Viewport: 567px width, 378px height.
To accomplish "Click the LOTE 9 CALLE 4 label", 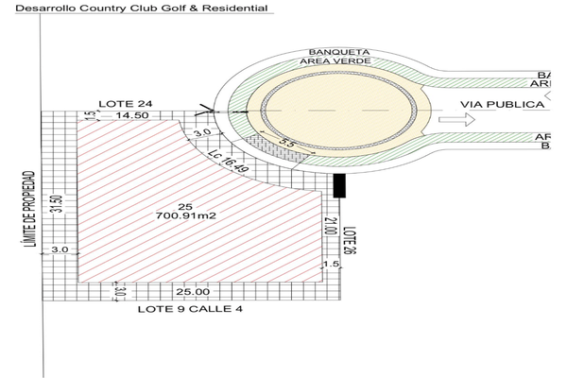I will click(183, 309).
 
